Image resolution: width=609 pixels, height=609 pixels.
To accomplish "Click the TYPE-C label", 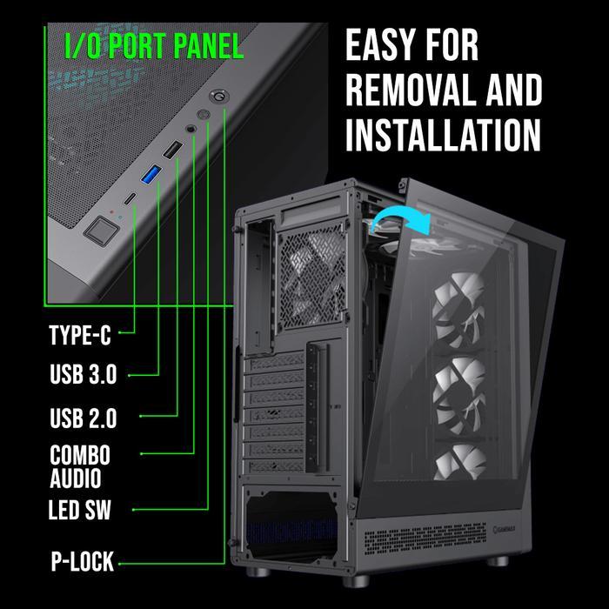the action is click(80, 335).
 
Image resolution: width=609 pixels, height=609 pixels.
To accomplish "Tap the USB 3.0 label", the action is click(84, 374).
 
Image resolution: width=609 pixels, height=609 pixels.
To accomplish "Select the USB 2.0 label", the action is click(84, 418).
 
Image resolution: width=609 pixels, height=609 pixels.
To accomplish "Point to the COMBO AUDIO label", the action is click(80, 466).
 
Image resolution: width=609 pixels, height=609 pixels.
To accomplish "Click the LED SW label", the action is click(80, 510).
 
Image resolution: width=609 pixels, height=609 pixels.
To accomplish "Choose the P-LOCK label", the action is click(83, 561).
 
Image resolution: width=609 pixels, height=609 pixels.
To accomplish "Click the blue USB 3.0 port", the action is click(151, 174).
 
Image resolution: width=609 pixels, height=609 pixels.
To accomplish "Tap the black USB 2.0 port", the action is click(172, 150).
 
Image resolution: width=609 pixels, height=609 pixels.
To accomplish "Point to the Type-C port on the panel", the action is click(130, 198).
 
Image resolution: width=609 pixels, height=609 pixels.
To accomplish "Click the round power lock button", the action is click(219, 96).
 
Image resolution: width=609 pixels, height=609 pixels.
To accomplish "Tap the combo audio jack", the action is click(191, 128).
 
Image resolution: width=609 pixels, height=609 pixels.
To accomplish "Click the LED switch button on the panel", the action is click(203, 115).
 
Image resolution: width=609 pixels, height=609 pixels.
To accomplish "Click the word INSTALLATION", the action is click(443, 134).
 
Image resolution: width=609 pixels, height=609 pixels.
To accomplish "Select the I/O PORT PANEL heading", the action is click(154, 46).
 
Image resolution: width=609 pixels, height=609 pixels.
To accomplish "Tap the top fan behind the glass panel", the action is click(459, 310).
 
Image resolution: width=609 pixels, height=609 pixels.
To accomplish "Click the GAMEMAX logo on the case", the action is click(504, 529).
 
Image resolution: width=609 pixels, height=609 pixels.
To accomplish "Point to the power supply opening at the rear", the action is click(291, 522).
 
